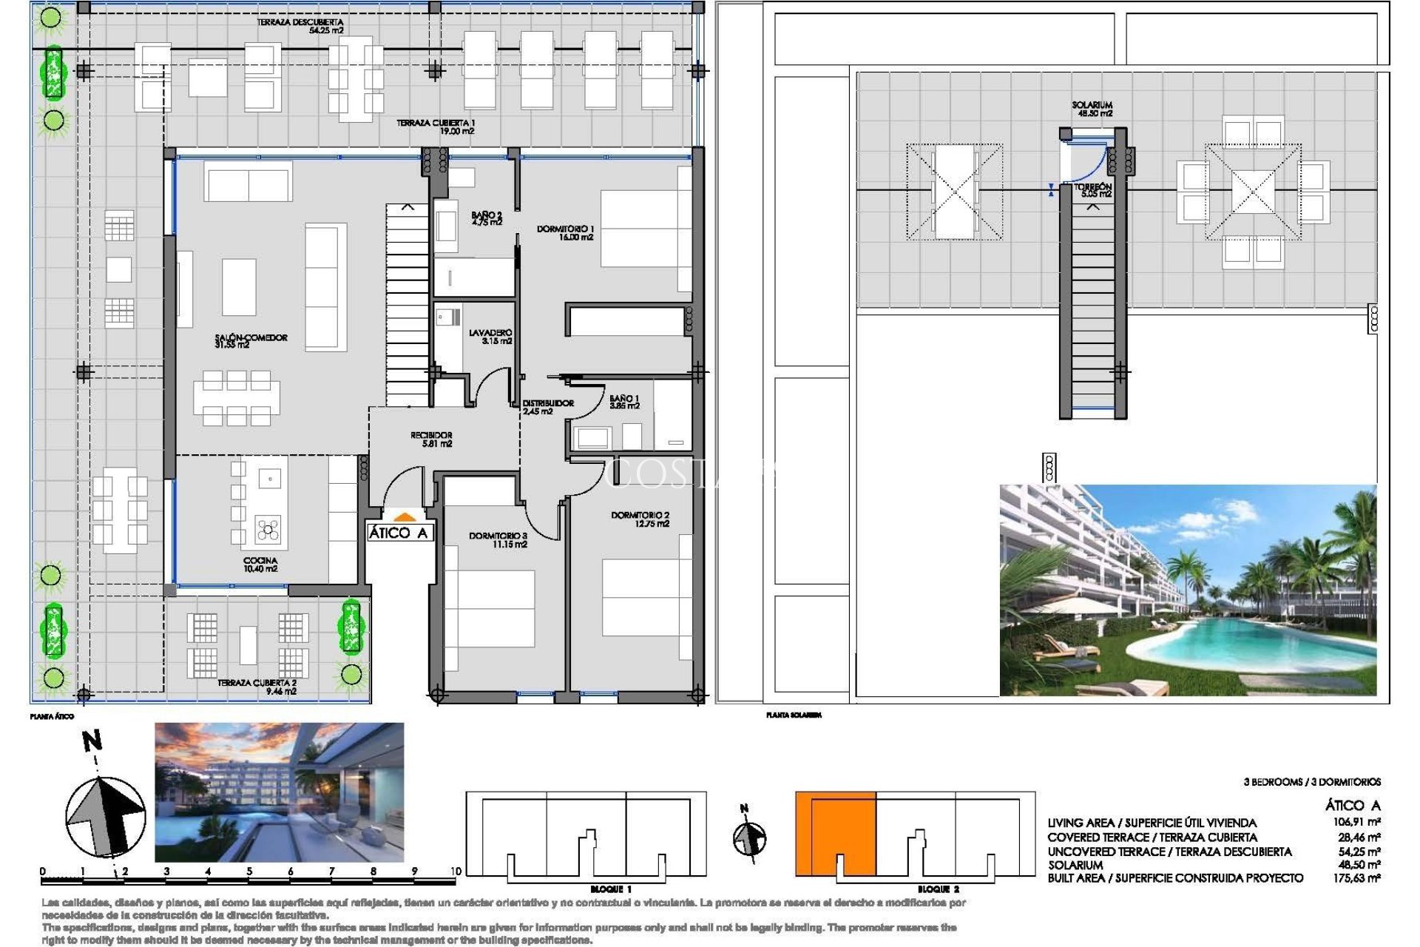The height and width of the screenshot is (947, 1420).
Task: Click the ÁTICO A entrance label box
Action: point(399,533)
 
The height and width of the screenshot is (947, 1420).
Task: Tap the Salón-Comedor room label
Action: point(251,341)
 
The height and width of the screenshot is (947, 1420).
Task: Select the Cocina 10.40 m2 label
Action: point(260,565)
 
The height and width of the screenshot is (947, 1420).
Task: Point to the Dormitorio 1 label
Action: point(565,233)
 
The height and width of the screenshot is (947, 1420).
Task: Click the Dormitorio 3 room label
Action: point(498,539)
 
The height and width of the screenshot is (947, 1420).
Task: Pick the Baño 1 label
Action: point(624,402)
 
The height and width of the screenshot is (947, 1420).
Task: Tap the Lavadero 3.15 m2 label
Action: point(490,337)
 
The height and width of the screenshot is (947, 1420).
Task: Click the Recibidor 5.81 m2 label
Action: point(431,439)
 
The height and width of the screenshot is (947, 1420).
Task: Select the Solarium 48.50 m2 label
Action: point(1092,109)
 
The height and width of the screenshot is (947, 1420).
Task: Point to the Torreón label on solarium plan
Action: point(1093,190)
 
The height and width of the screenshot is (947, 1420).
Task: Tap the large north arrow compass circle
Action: point(105,816)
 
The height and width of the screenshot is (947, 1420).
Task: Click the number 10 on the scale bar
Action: point(456,871)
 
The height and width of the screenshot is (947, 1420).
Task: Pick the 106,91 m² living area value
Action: point(1353,822)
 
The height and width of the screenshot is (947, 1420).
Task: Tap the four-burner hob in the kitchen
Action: point(268,530)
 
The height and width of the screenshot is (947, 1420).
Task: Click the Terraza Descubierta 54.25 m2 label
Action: point(300,26)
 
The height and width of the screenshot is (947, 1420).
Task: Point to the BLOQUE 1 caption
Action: point(611,889)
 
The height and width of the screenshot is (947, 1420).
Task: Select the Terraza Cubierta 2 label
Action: point(257,687)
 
